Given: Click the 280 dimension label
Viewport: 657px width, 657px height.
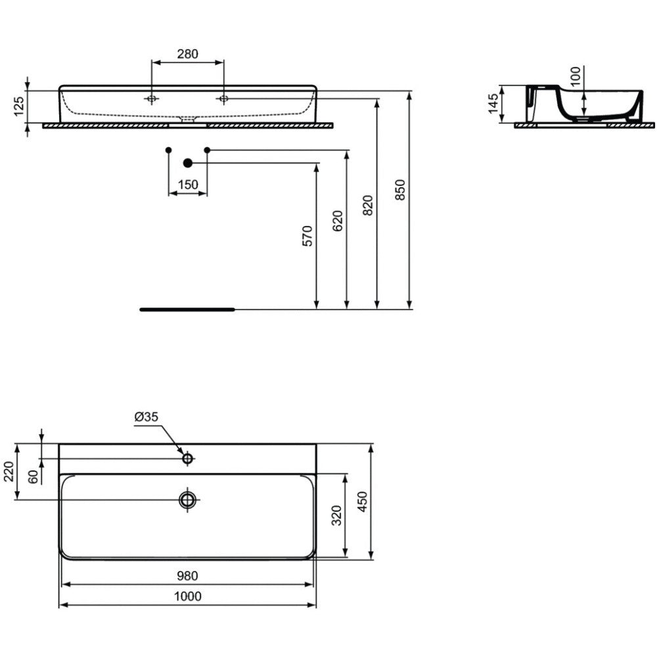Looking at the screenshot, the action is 187,54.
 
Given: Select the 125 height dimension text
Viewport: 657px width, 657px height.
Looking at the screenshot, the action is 19,106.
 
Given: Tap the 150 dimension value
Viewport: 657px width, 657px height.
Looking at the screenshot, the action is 188,185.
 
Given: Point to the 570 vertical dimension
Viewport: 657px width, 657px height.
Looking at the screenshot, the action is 307,236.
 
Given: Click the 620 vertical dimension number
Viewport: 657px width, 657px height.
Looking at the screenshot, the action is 338,221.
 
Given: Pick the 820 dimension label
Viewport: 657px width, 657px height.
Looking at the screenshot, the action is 368,205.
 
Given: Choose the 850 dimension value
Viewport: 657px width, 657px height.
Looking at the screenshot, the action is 401,190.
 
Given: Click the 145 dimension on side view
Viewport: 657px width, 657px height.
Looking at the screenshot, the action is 493,103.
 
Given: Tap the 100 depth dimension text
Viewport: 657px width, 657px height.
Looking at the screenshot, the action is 576,76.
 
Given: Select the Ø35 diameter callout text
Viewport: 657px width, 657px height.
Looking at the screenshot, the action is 147,417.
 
